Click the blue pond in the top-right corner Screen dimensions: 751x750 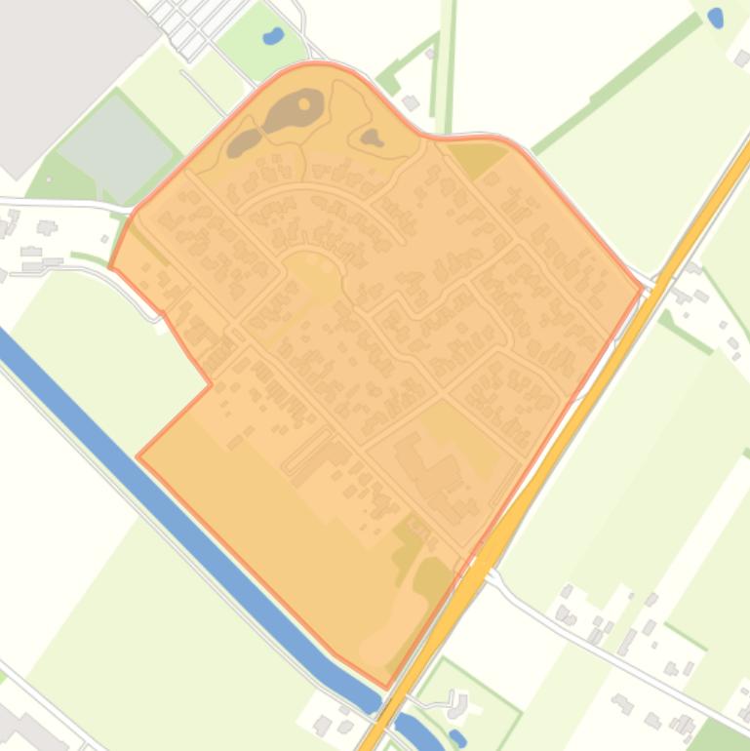(716, 17)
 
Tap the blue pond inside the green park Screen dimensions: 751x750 (273, 37)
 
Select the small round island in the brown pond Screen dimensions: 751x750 (304, 103)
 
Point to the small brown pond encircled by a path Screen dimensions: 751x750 (371, 138)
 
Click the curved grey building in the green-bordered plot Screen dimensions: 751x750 (454, 700)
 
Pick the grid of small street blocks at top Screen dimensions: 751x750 (190, 24)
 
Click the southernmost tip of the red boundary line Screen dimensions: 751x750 (386, 688)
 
